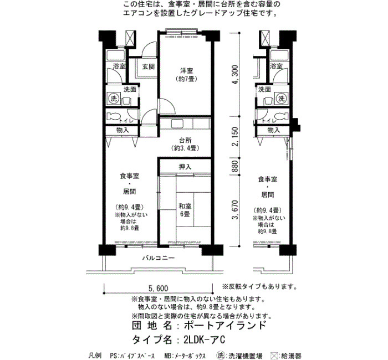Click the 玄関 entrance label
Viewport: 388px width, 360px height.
point(149,66)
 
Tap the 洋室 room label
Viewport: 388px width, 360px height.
point(187,71)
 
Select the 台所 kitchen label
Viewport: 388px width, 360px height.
point(185,141)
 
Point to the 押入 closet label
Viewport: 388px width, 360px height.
point(185,167)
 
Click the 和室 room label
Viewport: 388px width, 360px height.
point(185,206)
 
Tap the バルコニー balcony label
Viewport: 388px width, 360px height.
point(159,258)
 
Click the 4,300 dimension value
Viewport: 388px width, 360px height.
point(235,74)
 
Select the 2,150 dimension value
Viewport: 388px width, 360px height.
point(235,136)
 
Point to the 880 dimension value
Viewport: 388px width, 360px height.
point(235,166)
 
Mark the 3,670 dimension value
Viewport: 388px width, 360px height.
point(235,210)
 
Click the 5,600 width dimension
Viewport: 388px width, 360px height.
point(158,289)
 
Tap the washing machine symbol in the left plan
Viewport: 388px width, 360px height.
point(114,99)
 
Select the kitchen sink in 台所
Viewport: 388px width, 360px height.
point(177,124)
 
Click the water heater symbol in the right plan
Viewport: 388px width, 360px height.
point(263,38)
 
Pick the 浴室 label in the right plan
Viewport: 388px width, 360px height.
point(276,66)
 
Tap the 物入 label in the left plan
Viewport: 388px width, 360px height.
point(122,130)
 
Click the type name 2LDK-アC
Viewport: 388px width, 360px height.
point(205,340)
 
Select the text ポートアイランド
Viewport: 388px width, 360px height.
point(225,325)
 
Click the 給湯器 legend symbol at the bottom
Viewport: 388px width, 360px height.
point(275,356)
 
